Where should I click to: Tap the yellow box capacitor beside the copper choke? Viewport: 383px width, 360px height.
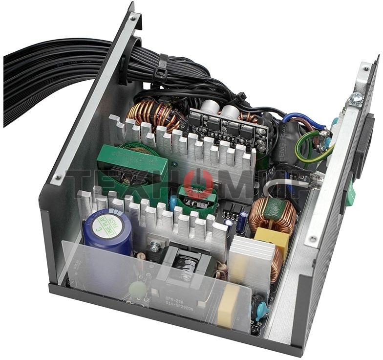coord(272,239)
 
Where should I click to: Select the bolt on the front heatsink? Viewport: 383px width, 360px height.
coord(154,247)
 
